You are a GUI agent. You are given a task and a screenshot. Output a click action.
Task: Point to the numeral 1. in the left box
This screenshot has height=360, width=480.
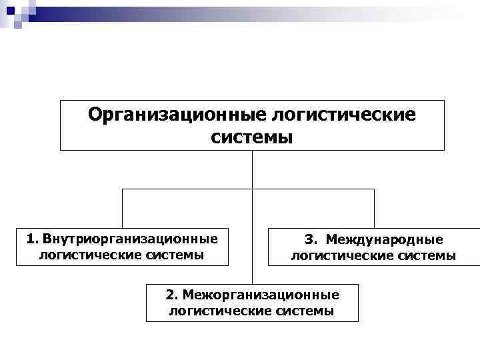pos(33,238)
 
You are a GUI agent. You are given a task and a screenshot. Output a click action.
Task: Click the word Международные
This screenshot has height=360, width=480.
pos(384,239)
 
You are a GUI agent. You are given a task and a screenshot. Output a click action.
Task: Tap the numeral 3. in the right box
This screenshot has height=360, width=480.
pos(311,239)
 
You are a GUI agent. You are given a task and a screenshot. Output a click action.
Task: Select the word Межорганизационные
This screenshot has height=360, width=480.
pos(261,295)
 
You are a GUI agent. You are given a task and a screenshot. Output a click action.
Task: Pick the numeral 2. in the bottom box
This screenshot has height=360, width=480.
pos(172,295)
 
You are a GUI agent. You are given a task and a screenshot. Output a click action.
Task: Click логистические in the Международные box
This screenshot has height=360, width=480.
pos(334,255)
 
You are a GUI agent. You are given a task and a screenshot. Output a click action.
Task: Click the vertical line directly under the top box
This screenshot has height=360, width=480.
pos(252,169)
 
